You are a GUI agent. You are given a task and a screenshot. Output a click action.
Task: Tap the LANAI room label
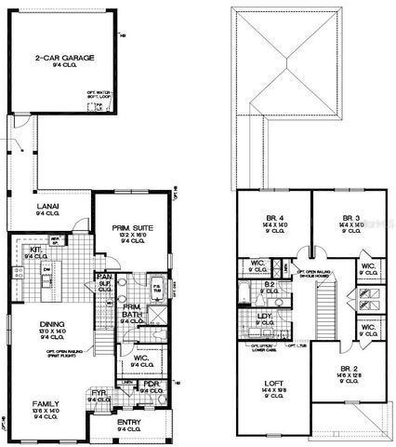(x=46, y=211)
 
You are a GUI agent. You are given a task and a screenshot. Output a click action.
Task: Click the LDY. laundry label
(x=263, y=317)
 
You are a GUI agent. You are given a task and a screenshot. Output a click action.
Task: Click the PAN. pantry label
(x=107, y=278)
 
